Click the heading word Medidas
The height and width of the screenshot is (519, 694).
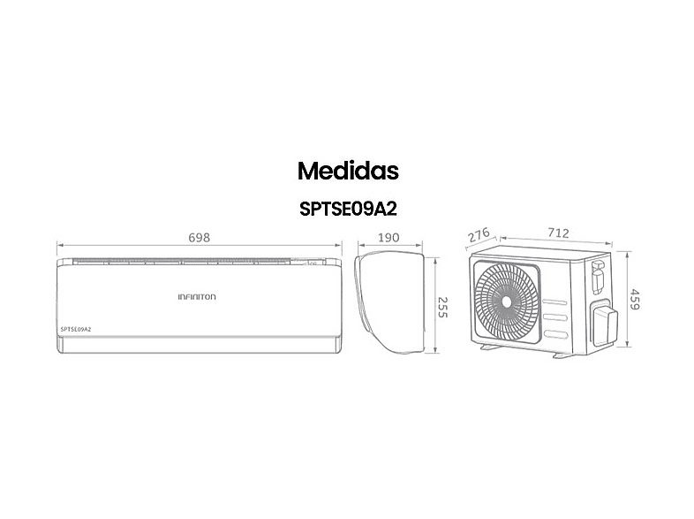pos(347,170)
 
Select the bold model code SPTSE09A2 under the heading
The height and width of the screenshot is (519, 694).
pos(347,211)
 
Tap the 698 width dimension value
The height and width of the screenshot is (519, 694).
pos(199,238)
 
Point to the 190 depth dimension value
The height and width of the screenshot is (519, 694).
pos(389,238)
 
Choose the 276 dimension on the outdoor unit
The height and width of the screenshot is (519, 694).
pos(479,236)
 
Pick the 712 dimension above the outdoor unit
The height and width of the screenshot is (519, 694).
pos(558,233)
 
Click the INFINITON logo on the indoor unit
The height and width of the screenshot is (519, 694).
pos(197,298)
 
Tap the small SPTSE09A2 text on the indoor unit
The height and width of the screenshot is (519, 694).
pos(77,329)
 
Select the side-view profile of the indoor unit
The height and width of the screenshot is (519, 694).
pos(383,301)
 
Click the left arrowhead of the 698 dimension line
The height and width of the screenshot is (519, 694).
pos(59,246)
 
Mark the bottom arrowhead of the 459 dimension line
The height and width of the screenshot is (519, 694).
pos(627,352)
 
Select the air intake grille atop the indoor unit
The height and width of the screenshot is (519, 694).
pos(199,262)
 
